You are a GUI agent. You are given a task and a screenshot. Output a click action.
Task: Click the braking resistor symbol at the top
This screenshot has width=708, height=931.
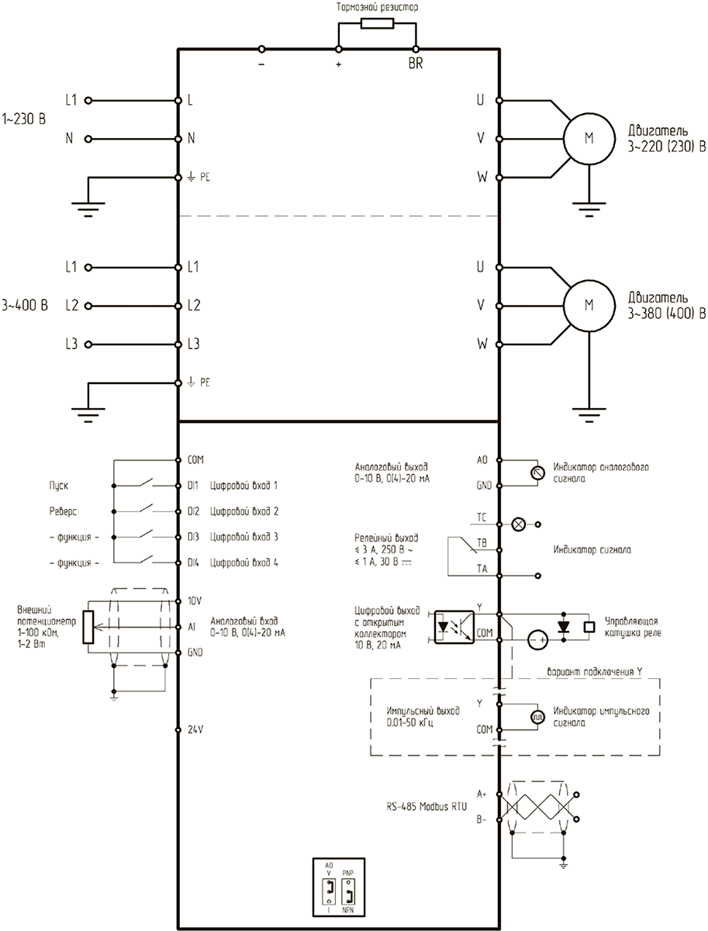coord(377,23)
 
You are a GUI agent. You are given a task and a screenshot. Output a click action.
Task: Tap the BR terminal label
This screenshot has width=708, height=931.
coord(416,64)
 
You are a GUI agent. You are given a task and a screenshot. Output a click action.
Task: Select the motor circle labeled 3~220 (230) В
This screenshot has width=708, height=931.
coord(589,139)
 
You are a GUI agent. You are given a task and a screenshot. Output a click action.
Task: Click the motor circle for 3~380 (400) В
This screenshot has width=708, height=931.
coord(589,306)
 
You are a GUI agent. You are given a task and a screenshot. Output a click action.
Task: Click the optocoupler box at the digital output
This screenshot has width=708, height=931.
coord(454,626)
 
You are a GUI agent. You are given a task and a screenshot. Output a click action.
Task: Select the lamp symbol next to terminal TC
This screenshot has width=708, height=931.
coord(519,524)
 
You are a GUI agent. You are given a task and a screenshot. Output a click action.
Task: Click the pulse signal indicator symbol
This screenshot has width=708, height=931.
coord(537,717)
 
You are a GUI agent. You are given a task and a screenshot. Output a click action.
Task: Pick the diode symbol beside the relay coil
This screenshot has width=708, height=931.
coord(564,626)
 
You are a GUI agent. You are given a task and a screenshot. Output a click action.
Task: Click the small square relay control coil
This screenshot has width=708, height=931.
coord(589,626)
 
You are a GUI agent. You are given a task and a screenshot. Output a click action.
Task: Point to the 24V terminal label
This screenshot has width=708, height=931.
coord(195,729)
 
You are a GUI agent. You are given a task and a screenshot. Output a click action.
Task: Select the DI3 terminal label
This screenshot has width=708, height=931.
coord(193,537)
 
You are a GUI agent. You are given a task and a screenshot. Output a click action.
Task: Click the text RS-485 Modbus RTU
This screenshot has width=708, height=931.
coord(427,806)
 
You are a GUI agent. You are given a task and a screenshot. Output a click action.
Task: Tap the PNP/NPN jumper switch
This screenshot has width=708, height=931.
coord(348,891)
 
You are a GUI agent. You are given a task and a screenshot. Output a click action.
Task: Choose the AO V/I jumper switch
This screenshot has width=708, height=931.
coord(329,891)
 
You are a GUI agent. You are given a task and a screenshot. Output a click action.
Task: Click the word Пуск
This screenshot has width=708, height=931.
coord(58,486)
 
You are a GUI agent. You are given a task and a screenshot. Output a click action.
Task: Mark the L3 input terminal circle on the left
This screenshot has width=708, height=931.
coord(88,344)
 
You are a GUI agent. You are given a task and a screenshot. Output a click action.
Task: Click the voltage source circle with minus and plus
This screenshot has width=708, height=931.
coord(537,639)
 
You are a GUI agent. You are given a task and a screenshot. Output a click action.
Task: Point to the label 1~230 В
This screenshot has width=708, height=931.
coord(24,119)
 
